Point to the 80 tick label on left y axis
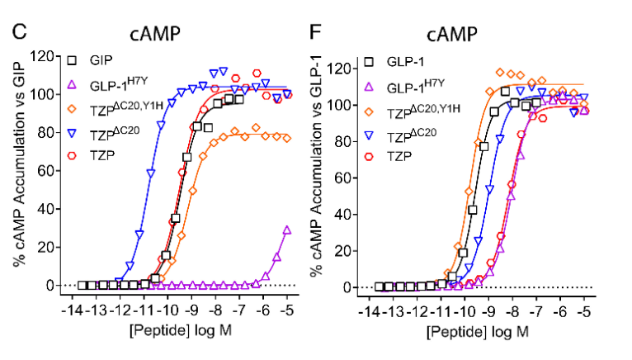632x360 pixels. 40,132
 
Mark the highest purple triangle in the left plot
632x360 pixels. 287,231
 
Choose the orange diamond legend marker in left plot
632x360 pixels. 73,107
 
